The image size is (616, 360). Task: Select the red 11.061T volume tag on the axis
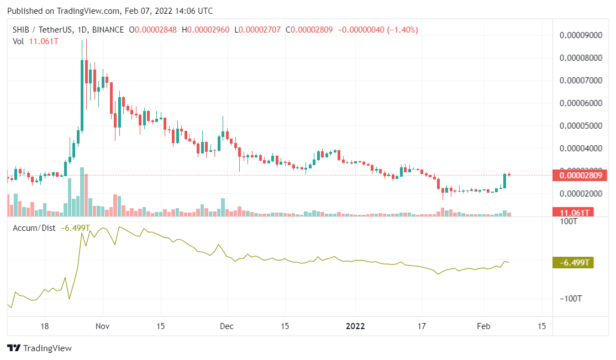tap(574, 213)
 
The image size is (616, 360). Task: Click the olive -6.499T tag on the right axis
tap(573, 263)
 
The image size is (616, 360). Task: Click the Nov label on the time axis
tap(103, 326)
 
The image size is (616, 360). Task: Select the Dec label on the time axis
tap(227, 326)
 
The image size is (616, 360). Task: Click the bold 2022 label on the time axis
tap(356, 326)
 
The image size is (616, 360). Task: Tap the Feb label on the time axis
tap(484, 326)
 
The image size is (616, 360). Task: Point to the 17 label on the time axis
tap(422, 326)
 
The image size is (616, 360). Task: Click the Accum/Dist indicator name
tap(34, 227)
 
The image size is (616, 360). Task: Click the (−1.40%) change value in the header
tap(397, 29)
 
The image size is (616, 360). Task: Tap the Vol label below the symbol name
tap(18, 41)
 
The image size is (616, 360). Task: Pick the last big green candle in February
tap(504, 182)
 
